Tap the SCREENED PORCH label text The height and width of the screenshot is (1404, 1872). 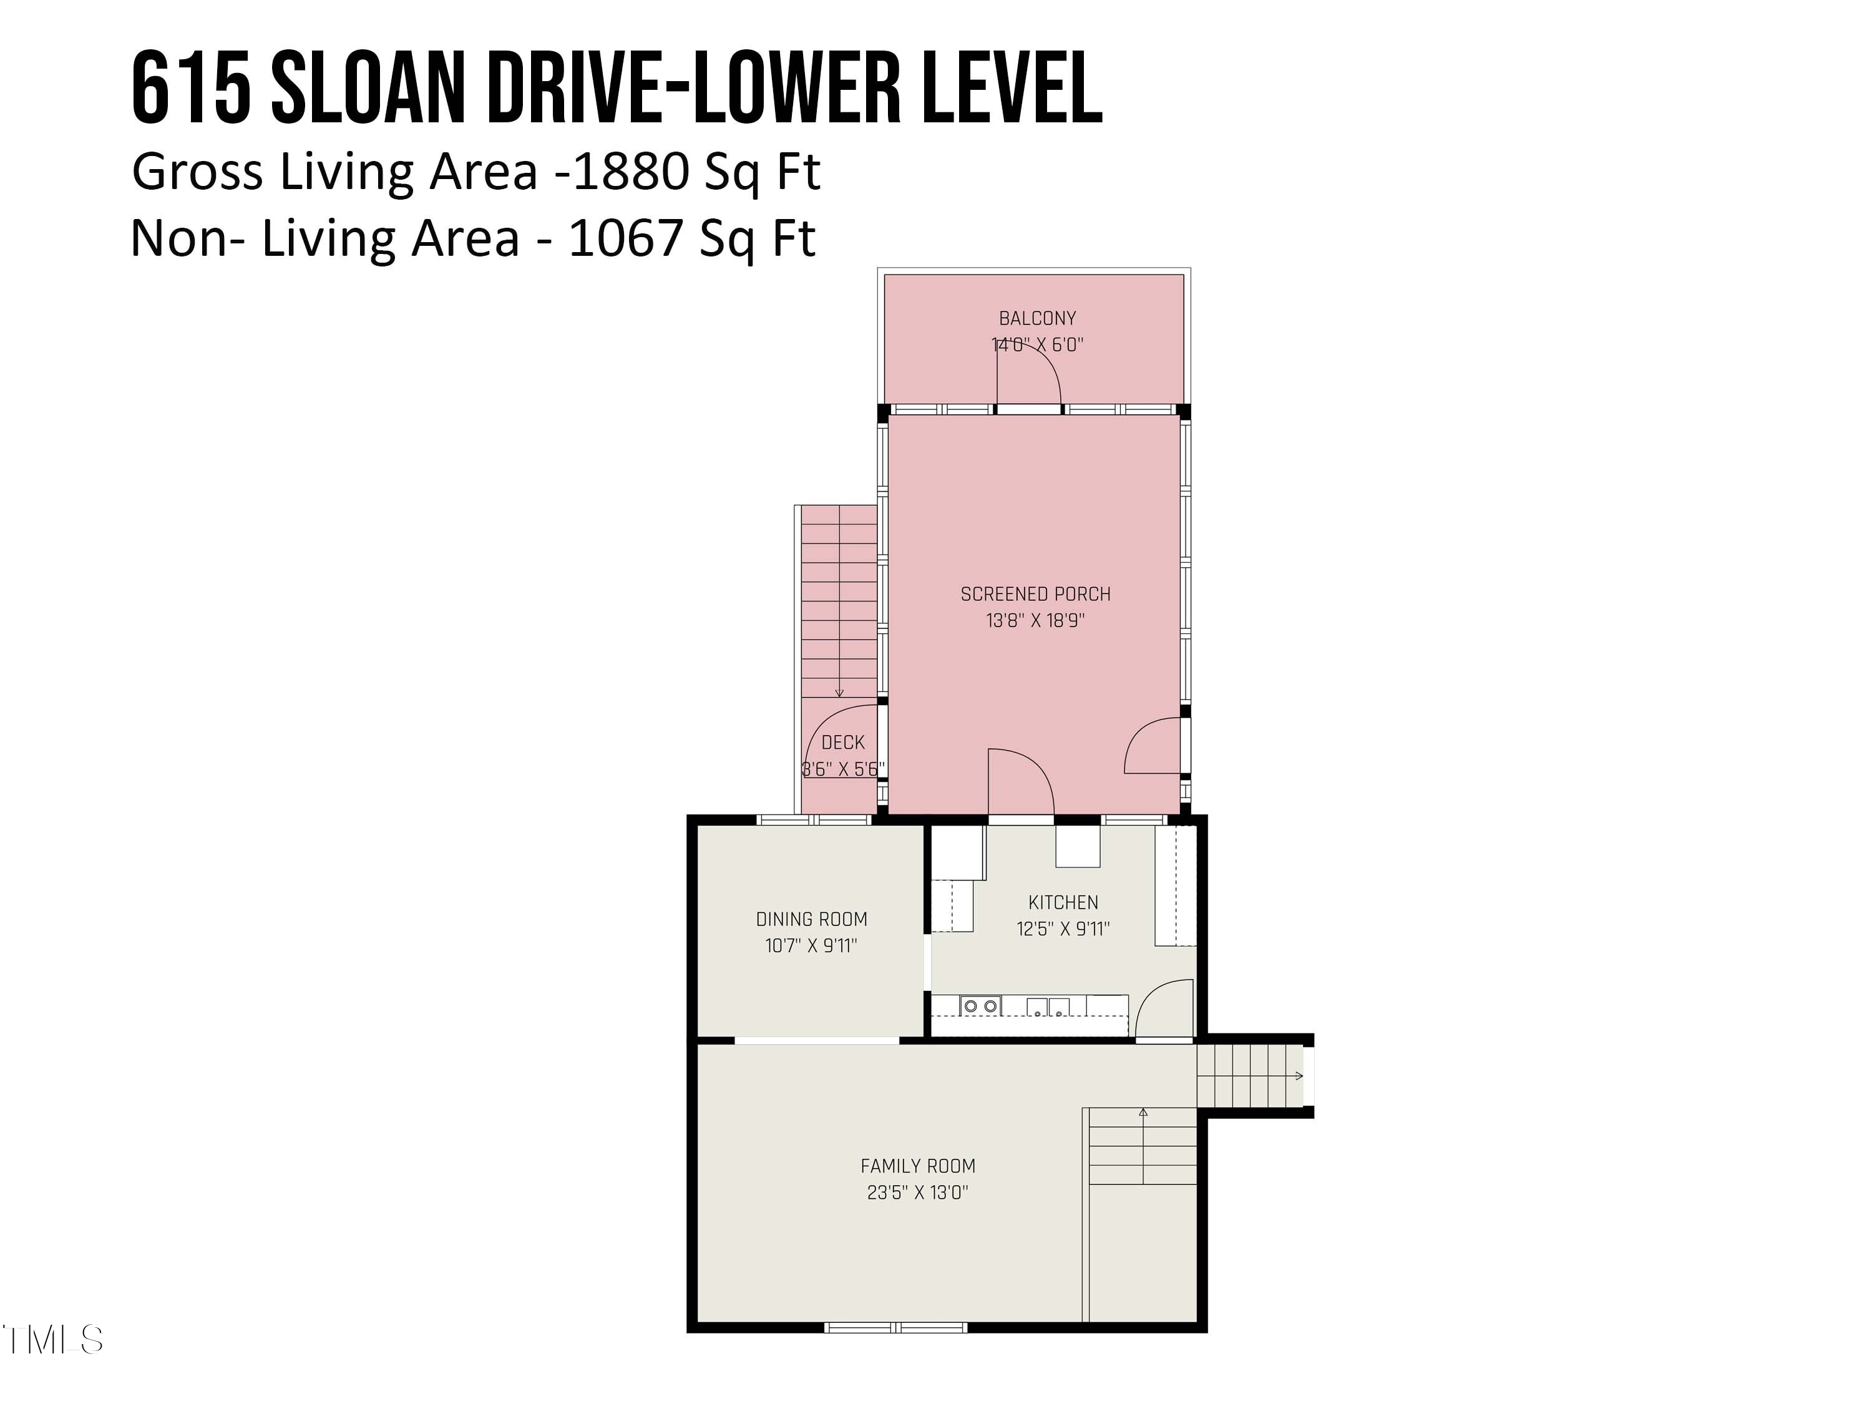tap(1035, 594)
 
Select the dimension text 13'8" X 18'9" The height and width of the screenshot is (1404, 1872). tap(1035, 620)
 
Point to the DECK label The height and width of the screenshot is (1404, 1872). tap(843, 742)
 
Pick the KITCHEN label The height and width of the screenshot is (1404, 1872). tap(1063, 902)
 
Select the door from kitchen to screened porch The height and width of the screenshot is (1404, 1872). tap(1021, 783)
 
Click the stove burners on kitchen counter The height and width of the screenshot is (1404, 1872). tap(981, 1007)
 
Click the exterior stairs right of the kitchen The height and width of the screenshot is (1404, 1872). tap(1249, 1076)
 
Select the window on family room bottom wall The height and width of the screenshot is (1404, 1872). tap(895, 1327)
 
